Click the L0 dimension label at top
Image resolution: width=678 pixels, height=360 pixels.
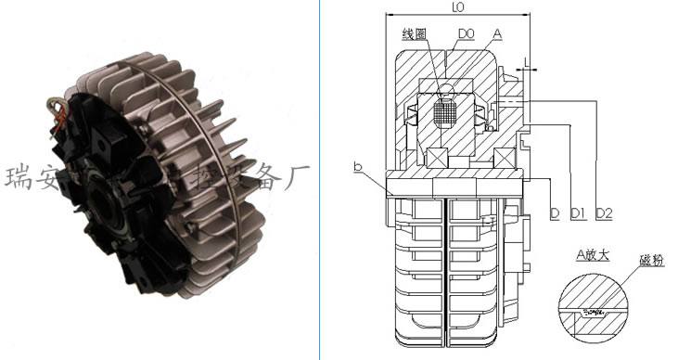coord(457,7)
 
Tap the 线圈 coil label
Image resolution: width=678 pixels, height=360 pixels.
coord(413,34)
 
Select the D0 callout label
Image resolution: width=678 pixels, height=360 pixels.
coord(466,34)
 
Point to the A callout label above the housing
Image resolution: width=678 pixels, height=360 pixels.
coord(498,33)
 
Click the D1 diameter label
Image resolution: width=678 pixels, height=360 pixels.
coord(578,214)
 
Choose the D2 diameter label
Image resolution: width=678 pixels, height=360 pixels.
coord(604,214)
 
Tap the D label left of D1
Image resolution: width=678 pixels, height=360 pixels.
coord(554,214)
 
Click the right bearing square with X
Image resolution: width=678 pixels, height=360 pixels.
coord(505,157)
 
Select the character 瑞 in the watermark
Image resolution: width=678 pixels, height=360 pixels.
coord(19,175)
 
